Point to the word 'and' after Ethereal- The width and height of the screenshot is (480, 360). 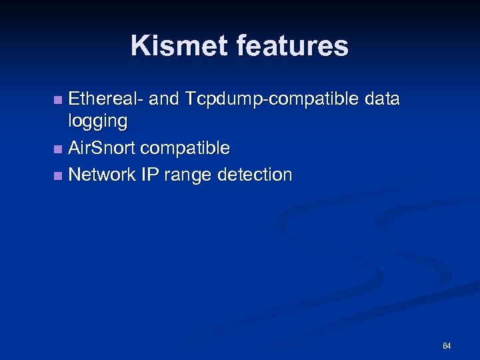(164, 99)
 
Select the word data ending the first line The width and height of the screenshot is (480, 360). (383, 99)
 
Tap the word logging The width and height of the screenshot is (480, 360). (98, 122)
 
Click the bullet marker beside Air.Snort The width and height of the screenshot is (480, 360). (58, 148)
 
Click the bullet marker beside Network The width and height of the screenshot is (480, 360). (58, 176)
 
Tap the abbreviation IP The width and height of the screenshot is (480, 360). (149, 175)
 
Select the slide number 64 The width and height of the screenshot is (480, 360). (446, 346)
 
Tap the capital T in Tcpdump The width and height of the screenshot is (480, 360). (192, 99)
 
